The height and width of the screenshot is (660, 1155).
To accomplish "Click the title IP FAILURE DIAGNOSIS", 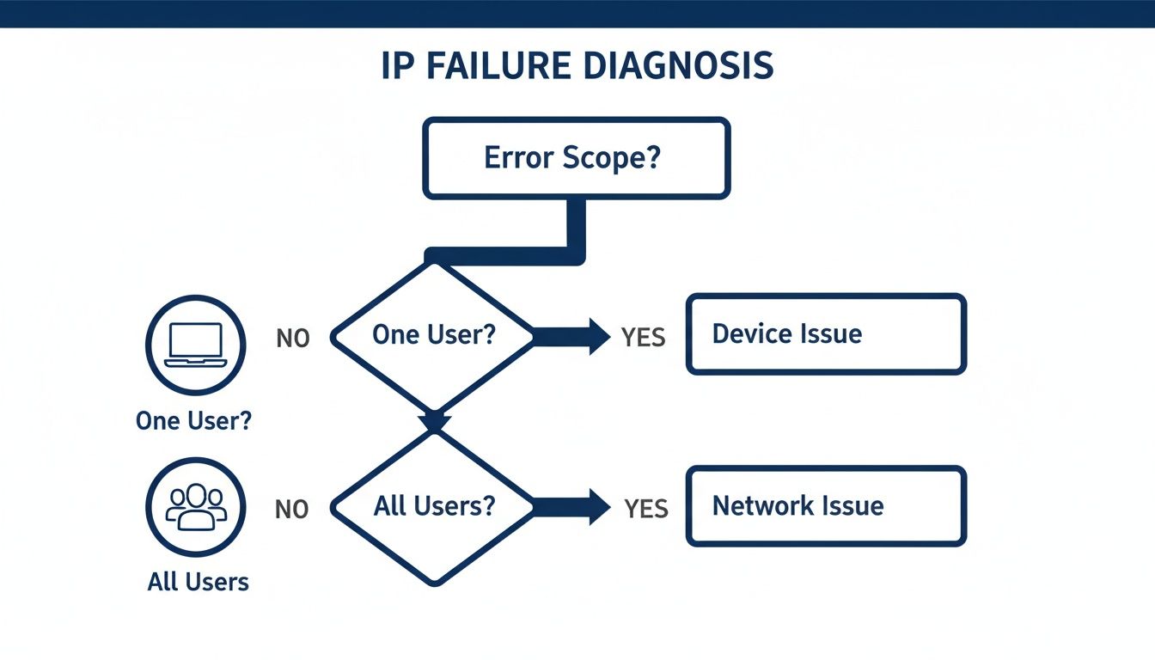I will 577,67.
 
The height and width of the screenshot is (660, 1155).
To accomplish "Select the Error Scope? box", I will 576,159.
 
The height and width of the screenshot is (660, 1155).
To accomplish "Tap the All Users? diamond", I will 434,506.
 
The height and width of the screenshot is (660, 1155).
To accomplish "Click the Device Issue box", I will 826,334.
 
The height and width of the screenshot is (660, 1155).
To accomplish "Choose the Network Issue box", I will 826,506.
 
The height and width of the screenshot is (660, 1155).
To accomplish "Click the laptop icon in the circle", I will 196,345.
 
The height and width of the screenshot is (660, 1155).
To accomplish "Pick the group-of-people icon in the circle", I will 196,506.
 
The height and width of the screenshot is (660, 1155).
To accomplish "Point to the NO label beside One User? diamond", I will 292,339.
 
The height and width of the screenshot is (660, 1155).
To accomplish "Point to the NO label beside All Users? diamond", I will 292,510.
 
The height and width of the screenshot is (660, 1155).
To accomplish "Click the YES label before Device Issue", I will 644,338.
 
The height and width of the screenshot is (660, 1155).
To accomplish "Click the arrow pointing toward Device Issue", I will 571,336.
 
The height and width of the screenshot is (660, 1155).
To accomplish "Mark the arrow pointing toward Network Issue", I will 571,506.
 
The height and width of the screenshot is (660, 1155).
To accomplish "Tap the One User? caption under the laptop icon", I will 194,421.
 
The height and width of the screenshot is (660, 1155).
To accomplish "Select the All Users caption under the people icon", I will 198,582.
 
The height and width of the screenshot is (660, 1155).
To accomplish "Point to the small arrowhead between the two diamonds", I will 435,422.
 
